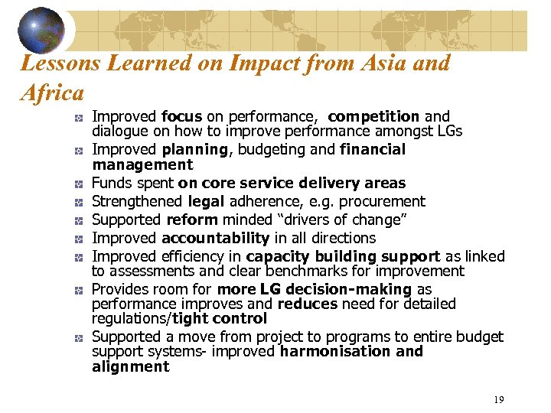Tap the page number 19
498,399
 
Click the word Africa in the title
53,93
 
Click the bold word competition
373,116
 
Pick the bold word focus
181,116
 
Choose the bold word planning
195,149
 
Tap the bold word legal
205,201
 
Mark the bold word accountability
215,238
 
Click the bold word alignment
130,366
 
